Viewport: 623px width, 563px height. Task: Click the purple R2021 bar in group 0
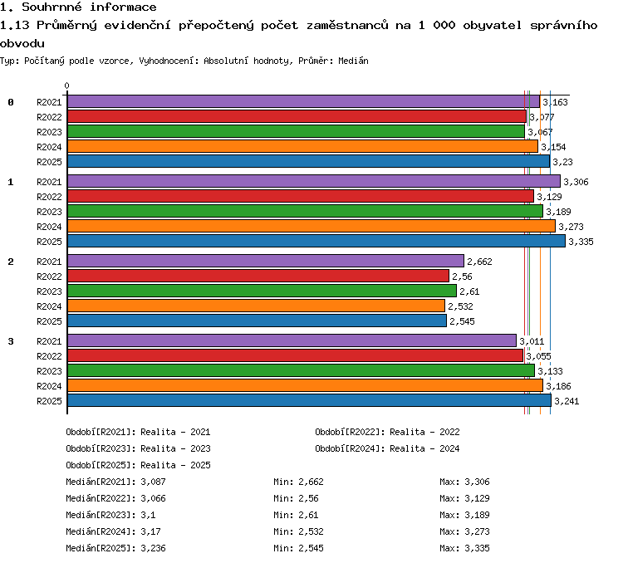(304, 101)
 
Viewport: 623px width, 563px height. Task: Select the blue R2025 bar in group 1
(316, 241)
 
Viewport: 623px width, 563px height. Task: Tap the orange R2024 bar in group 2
(257, 306)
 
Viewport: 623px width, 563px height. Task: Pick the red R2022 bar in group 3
(296, 355)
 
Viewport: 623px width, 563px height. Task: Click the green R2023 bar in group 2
(262, 291)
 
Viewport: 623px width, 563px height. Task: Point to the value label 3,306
(576, 182)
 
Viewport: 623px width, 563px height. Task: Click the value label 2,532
(460, 306)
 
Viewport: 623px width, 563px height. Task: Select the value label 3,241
(567, 401)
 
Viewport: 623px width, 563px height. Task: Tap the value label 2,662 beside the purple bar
(479, 262)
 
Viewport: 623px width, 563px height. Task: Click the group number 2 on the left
(11, 262)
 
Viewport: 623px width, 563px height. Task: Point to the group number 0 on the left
(11, 102)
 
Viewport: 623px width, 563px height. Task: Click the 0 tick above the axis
(66, 86)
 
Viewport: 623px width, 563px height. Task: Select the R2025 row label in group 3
(49, 401)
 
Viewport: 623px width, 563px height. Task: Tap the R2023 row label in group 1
(49, 212)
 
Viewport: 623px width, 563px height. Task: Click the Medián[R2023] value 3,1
(148, 515)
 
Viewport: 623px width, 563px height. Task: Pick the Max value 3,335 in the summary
(477, 548)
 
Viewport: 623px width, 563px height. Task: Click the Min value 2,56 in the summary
(309, 498)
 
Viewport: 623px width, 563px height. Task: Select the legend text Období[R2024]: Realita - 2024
(387, 448)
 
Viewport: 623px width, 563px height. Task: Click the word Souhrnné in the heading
(52, 7)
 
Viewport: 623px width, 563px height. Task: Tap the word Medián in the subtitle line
(353, 61)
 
